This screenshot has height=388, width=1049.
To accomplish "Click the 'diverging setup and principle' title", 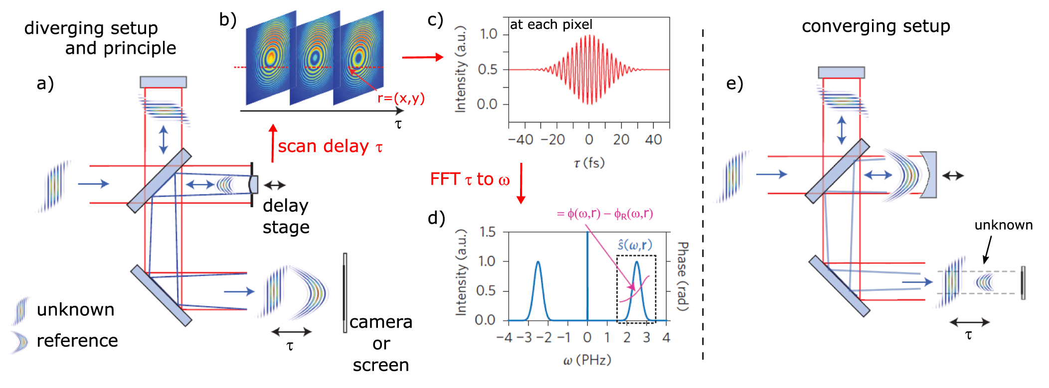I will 100,38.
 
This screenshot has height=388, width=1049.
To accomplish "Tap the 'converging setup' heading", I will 875,26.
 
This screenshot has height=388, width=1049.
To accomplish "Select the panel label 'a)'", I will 45,83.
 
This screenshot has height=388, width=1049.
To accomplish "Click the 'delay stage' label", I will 286,216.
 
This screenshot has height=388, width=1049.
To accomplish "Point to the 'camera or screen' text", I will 381,343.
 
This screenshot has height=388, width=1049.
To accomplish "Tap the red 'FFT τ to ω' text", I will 470,179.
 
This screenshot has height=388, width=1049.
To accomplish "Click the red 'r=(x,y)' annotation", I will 401,98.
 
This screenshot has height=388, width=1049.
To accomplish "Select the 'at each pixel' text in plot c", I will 551,24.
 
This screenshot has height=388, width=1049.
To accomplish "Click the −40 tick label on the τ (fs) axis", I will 521,139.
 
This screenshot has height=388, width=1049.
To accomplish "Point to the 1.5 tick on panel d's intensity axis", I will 487,232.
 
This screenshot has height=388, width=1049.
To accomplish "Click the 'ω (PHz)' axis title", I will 587,360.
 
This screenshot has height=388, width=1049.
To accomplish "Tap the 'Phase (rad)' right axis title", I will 683,276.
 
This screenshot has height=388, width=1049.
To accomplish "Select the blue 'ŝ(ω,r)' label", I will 635,245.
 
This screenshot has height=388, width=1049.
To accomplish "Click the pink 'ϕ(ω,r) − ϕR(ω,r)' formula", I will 605,214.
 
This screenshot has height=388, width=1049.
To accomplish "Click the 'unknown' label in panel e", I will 1003,225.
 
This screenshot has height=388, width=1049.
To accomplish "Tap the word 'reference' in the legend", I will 77,341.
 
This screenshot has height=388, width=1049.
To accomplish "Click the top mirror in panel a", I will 163,82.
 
